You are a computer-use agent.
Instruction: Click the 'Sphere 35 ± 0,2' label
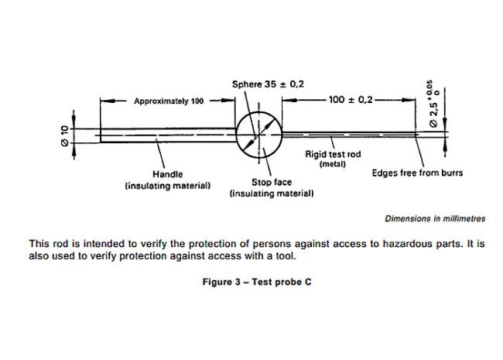pyautogui.click(x=268, y=83)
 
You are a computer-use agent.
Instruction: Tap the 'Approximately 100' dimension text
pyautogui.click(x=169, y=101)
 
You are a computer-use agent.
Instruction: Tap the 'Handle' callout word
pyautogui.click(x=167, y=174)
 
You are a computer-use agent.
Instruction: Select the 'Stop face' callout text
pyautogui.click(x=271, y=181)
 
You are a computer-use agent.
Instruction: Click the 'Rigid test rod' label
pyautogui.click(x=334, y=154)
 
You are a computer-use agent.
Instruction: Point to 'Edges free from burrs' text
pyautogui.click(x=417, y=173)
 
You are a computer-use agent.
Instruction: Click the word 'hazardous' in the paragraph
pyautogui.click(x=399, y=243)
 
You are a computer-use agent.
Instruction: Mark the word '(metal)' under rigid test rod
pyautogui.click(x=334, y=164)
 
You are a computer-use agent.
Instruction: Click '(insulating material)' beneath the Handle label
pyautogui.click(x=167, y=186)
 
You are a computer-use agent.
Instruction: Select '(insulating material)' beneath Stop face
pyautogui.click(x=272, y=193)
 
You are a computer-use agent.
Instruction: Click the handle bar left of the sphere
pyautogui.click(x=166, y=135)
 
